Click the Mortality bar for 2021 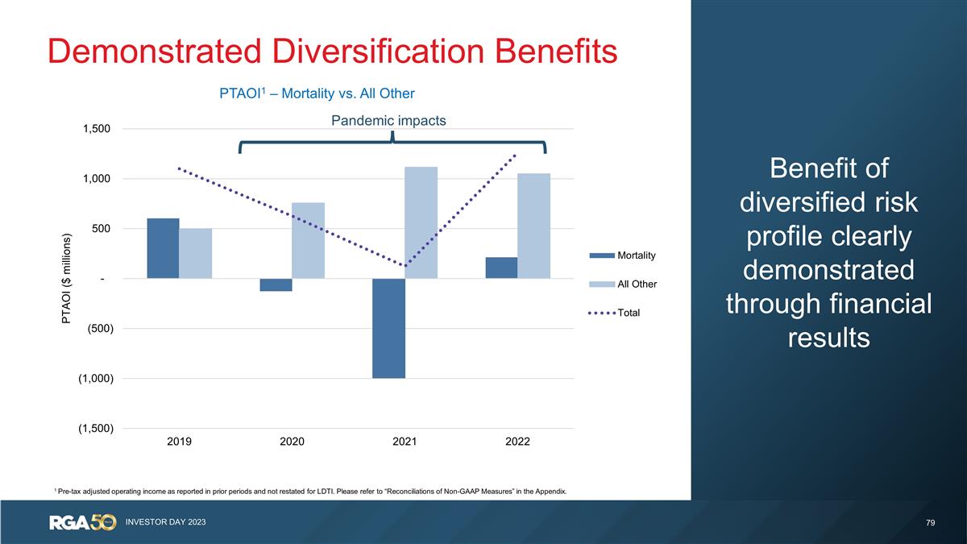pyautogui.click(x=388, y=328)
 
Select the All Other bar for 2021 pyautogui.click(x=421, y=222)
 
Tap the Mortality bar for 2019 pyautogui.click(x=163, y=248)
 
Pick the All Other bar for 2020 pyautogui.click(x=308, y=240)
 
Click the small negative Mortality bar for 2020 pyautogui.click(x=276, y=284)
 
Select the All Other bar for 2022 pyautogui.click(x=533, y=226)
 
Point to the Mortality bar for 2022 pyautogui.click(x=501, y=268)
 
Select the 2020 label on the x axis pyautogui.click(x=292, y=442)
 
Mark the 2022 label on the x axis pyautogui.click(x=517, y=442)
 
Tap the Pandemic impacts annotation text pyautogui.click(x=389, y=120)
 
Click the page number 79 pyautogui.click(x=930, y=523)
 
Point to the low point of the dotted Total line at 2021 pyautogui.click(x=405, y=265)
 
